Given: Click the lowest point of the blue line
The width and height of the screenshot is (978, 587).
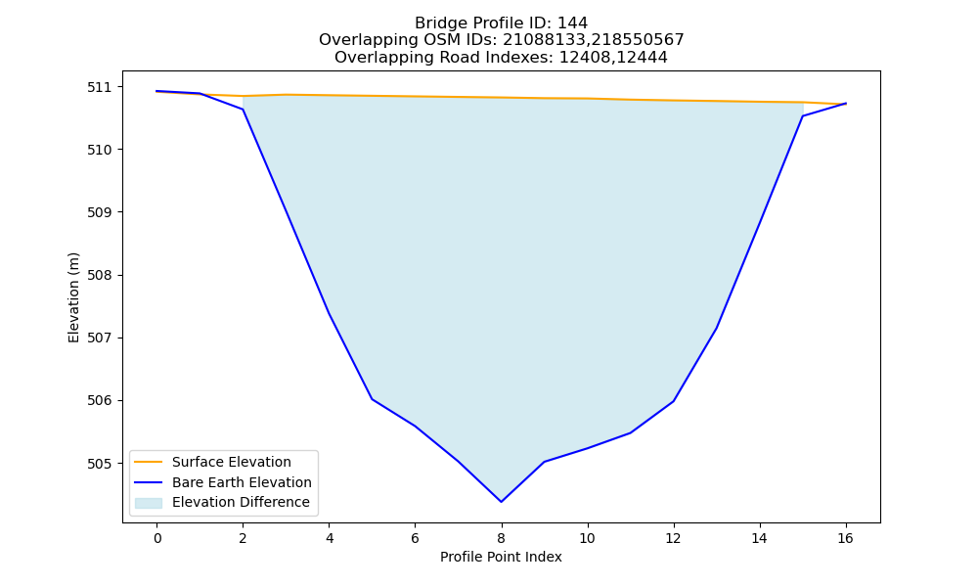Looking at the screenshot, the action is point(501,502).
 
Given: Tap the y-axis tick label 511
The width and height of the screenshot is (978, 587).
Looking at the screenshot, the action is point(97,87).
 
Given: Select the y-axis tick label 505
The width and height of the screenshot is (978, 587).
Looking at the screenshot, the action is point(97,464).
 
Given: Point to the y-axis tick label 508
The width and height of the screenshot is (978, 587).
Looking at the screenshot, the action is point(97,275).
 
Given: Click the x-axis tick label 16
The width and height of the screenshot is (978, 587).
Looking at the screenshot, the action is point(845,538).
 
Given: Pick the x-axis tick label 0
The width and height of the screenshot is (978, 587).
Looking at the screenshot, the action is point(157,538).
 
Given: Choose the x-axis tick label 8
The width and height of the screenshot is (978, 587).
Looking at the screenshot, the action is point(501,538).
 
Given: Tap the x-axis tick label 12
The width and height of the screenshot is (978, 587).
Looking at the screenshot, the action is point(673,538).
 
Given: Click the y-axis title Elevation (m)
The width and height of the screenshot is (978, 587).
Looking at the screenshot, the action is point(73,297).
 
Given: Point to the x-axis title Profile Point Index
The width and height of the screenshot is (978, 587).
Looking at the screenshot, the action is point(501,557).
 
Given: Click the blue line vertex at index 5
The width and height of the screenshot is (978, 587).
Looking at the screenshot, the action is point(372,398).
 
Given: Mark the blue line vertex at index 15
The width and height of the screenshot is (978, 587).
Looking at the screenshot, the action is point(802,116).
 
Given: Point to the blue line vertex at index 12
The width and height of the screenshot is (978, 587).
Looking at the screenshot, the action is point(673,401).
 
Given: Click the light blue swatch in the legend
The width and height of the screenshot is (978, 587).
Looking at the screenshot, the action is point(149,503).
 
